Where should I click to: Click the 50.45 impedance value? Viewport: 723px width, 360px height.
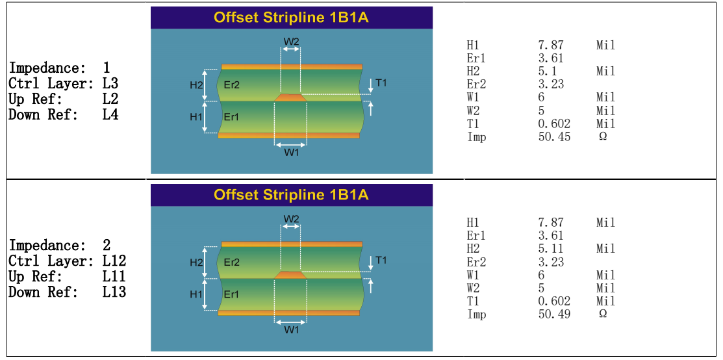point(554,137)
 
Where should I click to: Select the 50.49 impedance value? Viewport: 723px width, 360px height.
point(554,315)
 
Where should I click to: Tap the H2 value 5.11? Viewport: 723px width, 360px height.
point(551,248)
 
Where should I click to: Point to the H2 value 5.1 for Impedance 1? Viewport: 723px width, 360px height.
point(548,71)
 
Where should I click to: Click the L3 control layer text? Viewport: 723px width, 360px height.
point(110,84)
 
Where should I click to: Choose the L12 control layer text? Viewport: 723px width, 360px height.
point(114,261)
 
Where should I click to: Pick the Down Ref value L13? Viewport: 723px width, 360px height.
point(114,292)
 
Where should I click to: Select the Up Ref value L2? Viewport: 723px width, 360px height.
point(110,99)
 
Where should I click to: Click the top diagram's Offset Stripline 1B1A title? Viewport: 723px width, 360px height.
point(292,18)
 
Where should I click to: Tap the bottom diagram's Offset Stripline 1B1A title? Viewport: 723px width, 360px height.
point(292,195)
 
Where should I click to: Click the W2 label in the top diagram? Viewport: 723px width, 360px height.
point(291,41)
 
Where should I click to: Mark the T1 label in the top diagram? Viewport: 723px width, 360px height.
point(381,83)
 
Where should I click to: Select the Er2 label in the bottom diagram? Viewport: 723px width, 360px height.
point(231,262)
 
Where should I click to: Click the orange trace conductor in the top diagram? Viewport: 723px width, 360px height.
point(290,97)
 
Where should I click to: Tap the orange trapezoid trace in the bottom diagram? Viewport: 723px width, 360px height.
point(290,275)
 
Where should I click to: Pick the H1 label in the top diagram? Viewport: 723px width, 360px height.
point(196,117)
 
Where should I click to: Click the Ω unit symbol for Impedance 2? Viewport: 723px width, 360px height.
point(602,314)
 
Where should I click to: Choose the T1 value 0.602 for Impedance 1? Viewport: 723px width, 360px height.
point(554,123)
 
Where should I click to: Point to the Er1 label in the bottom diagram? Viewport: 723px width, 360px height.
point(231,294)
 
